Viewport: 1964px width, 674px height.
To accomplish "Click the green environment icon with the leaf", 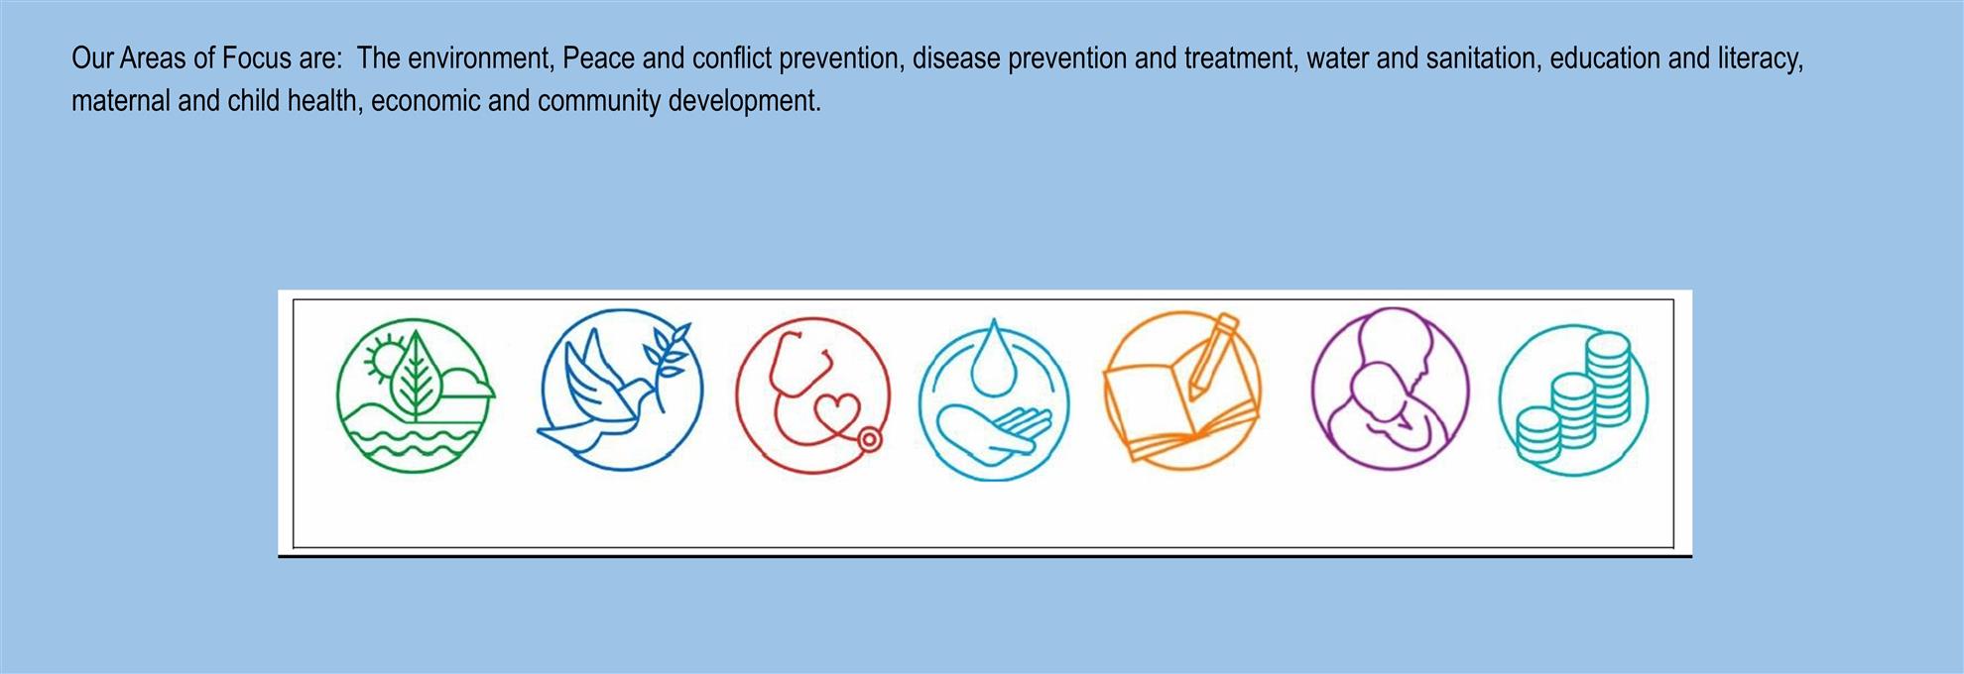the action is [x=415, y=393].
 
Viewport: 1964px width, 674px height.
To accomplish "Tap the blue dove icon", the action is [x=621, y=390].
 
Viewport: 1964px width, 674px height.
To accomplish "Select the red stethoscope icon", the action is [x=812, y=393].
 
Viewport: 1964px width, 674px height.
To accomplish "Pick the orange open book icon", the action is [x=1182, y=391].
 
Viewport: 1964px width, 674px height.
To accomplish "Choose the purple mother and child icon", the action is [x=1390, y=389].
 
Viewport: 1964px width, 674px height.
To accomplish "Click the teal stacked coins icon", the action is [x=1573, y=400].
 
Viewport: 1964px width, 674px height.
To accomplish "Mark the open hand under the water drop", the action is [x=992, y=434].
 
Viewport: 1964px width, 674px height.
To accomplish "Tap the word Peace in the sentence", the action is [x=598, y=58].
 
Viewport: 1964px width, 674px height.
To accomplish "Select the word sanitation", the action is [x=1483, y=58].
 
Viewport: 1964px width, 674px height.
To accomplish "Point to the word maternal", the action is [x=121, y=101].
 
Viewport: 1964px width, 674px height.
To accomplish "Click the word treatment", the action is [x=1240, y=58].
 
